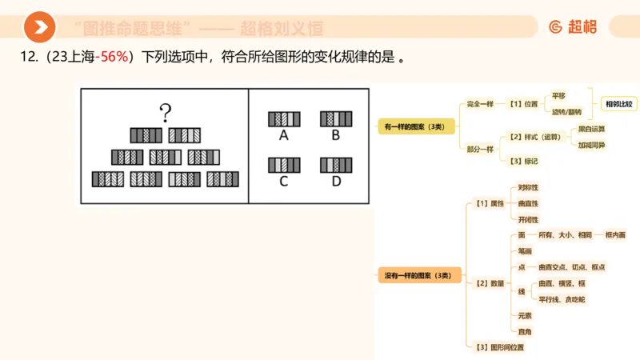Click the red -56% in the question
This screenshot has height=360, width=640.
(112, 58)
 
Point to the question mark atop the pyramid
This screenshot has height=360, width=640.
(165, 113)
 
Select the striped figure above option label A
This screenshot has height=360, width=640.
(284, 119)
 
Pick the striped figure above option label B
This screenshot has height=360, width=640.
(336, 119)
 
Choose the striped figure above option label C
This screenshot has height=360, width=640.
(284, 166)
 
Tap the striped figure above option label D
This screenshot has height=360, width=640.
(336, 166)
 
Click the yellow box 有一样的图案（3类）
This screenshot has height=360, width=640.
(416, 126)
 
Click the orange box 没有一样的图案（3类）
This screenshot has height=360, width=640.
(418, 275)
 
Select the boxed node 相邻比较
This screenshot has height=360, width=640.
(618, 104)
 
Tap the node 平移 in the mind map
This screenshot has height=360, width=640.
(558, 95)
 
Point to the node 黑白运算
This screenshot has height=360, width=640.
(592, 128)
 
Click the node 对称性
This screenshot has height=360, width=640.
(528, 187)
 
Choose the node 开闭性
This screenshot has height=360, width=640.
(528, 219)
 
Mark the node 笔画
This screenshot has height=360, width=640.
(525, 250)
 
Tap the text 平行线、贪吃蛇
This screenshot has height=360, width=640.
(562, 299)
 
